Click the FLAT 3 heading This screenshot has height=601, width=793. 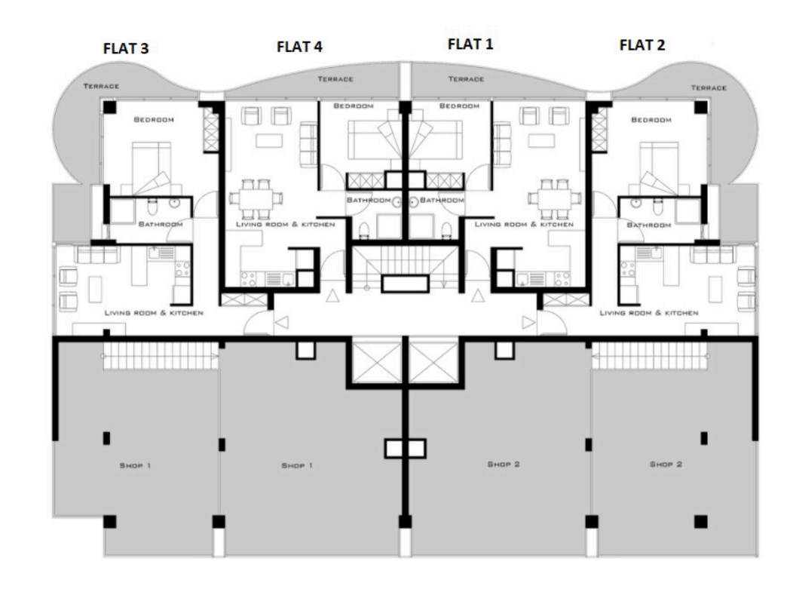(126, 48)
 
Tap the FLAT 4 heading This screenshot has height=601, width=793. (299, 47)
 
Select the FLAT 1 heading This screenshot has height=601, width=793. (470, 44)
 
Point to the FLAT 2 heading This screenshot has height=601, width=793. (642, 45)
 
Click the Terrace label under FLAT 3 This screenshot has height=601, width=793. (101, 86)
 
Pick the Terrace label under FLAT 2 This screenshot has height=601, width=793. (709, 87)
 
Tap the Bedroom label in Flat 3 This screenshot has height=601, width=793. (154, 120)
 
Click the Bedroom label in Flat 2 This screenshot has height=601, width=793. (651, 120)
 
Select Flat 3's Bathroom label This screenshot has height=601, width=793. (161, 224)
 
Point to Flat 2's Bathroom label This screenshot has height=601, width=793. (649, 225)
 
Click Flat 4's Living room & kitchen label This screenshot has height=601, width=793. (285, 224)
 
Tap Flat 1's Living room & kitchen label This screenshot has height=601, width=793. (524, 224)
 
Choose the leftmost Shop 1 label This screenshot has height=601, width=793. (135, 465)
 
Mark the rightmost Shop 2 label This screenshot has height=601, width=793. (666, 464)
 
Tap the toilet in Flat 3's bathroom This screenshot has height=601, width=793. (152, 207)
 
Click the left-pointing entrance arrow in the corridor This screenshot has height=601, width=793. (282, 322)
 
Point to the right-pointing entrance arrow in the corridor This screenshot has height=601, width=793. (528, 322)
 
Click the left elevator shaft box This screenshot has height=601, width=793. (377, 362)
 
